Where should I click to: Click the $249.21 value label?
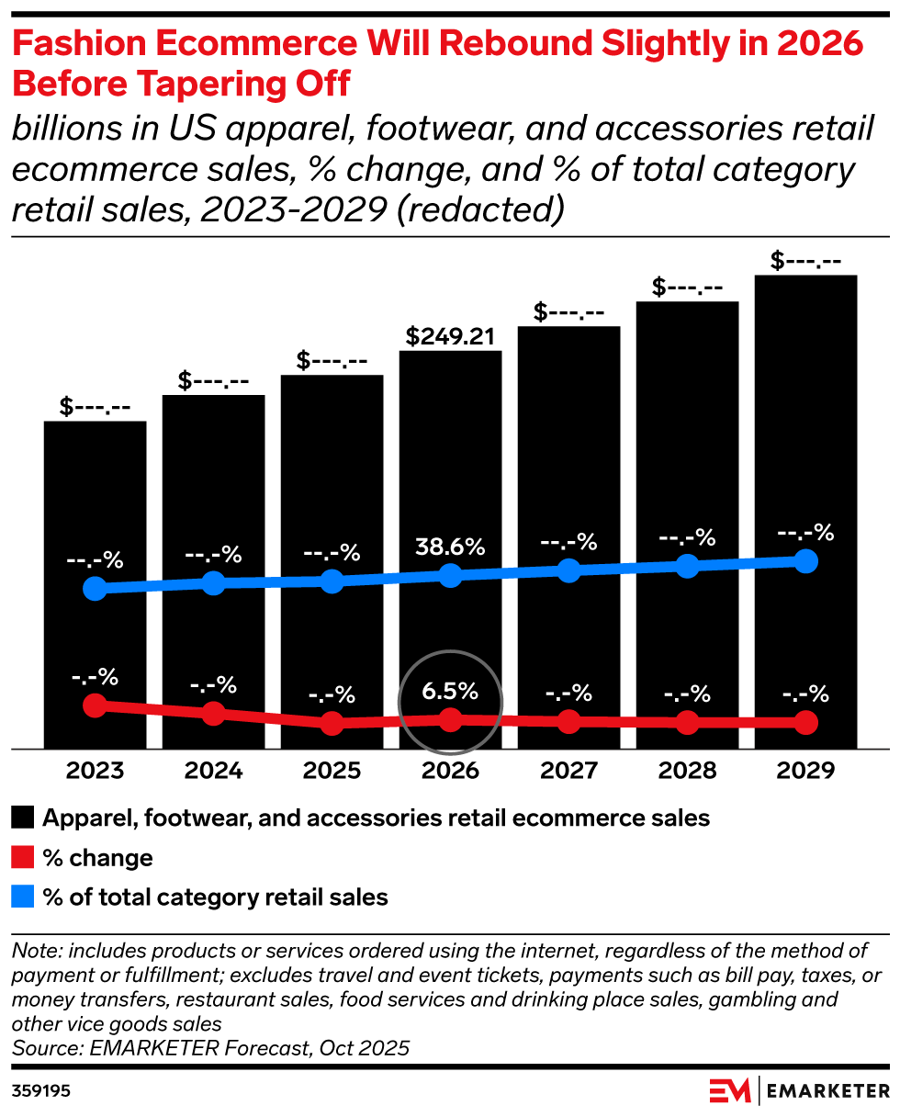tap(450, 336)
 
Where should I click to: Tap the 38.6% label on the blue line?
tap(450, 547)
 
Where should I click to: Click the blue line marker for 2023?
tap(95, 589)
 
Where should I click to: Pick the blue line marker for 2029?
tap(806, 561)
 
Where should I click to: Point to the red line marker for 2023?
tap(95, 705)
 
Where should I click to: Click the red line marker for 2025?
tap(332, 723)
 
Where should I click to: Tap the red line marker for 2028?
tap(687, 723)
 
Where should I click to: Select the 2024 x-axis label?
tap(213, 771)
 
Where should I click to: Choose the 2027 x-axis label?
tap(568, 771)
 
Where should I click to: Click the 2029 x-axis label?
tap(806, 771)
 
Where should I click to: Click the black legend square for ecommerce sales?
tap(23, 818)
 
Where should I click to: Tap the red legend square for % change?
tap(23, 858)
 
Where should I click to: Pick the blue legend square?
tap(23, 897)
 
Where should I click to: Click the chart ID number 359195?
tap(41, 1091)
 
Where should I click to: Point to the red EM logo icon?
tap(730, 1090)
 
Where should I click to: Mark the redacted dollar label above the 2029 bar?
tap(806, 261)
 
